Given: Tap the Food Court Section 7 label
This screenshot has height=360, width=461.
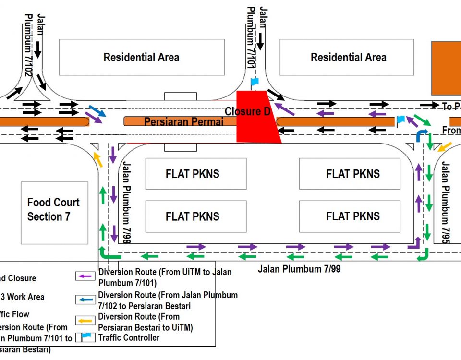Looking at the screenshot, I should click(53, 210).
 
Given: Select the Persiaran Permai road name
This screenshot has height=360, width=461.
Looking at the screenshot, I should click(184, 122).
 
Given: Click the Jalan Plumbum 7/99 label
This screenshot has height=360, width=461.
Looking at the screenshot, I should click(299, 269).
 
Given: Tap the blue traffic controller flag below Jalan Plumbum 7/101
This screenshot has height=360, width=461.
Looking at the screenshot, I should click(255, 81).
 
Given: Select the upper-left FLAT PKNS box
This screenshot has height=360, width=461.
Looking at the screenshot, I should click(193, 174).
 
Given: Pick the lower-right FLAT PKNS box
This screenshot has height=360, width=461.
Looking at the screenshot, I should click(353, 216).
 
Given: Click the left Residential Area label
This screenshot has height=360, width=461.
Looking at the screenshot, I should click(141, 58).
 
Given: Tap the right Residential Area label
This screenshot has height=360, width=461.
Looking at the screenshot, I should click(348, 58).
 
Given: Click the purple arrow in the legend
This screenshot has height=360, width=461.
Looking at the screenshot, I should click(85, 276).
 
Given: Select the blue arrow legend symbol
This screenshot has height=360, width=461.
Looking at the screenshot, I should click(85, 300).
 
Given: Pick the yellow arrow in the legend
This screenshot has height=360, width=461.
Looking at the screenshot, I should click(85, 321).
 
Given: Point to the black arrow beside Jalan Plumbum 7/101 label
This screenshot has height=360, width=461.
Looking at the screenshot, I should click(260, 42).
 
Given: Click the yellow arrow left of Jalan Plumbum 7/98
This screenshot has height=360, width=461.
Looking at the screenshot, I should click(98, 159).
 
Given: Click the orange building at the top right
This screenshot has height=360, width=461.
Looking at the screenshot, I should click(446, 68).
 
